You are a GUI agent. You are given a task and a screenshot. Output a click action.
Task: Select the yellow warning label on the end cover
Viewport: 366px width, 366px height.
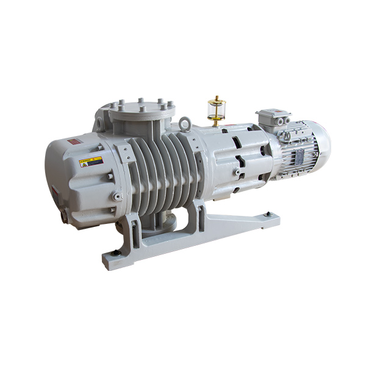tap(91, 163)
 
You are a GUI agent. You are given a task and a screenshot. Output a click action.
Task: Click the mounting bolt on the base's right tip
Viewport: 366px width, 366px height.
tap(267, 214)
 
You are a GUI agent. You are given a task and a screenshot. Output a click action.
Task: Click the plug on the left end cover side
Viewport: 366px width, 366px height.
tap(115, 196)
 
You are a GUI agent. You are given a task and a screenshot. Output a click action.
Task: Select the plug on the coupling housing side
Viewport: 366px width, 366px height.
tap(235, 173)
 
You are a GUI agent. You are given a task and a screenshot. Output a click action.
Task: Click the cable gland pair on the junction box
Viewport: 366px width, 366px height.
tap(282, 121)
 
